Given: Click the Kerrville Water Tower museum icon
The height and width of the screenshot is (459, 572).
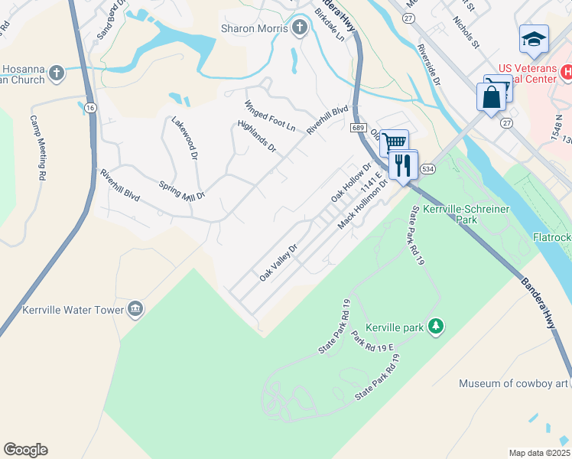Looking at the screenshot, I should (135, 309).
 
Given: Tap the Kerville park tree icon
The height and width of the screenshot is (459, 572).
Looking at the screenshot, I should (436, 327).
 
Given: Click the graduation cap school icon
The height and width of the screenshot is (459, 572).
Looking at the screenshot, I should (533, 40).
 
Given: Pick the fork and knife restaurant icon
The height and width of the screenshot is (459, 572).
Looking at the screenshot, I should (402, 164).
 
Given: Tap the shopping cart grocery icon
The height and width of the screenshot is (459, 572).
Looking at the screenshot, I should (394, 142).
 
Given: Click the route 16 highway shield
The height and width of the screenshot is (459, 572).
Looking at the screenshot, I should (91, 109).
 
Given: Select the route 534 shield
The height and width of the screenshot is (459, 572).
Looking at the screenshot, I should (427, 168).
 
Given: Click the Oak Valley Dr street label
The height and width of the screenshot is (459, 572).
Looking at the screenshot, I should (277, 262).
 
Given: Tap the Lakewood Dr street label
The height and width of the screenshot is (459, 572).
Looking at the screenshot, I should (184, 138).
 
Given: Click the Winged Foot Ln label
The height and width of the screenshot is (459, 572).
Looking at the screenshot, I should (270, 116).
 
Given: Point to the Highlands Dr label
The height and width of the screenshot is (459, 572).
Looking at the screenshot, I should (256, 135).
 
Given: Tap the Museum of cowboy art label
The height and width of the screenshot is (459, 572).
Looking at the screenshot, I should (515, 383).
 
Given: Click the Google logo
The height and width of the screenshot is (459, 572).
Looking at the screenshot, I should (25, 450).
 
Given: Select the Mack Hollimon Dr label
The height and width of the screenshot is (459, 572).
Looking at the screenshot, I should (363, 209).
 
